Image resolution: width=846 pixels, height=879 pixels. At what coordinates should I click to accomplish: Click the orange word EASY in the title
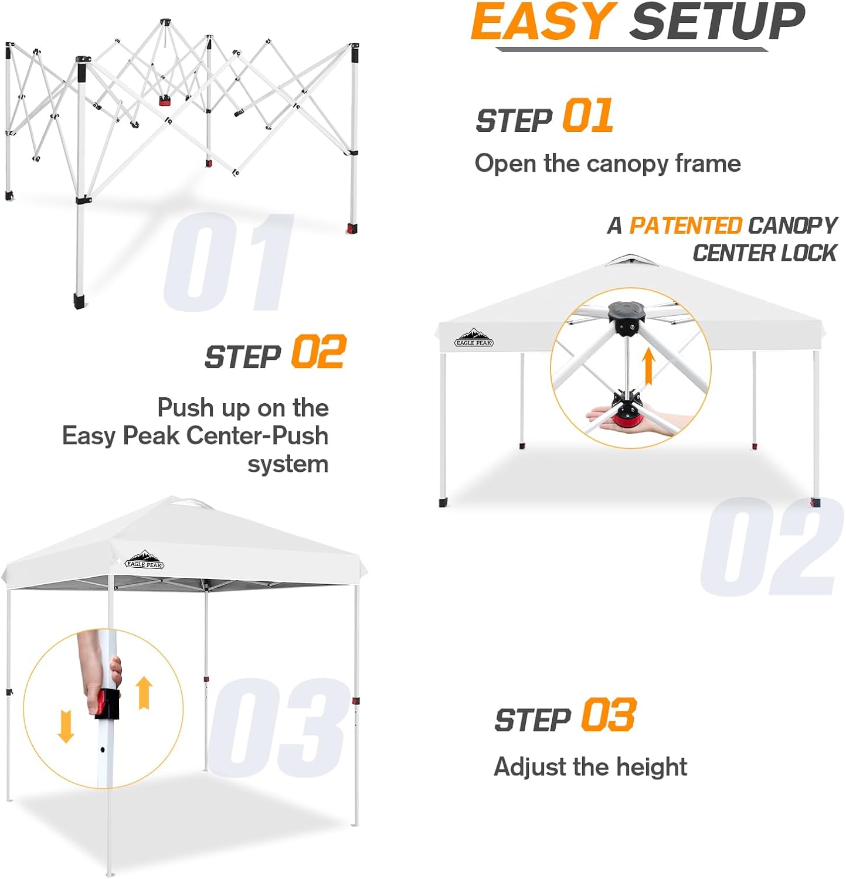[543, 22]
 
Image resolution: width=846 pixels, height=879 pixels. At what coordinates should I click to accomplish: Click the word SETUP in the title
[716, 22]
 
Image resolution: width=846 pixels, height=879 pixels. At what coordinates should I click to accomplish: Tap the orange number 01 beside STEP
[587, 115]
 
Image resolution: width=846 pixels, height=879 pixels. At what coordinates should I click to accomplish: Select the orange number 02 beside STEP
[319, 352]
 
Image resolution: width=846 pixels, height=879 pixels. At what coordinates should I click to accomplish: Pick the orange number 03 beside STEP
[608, 715]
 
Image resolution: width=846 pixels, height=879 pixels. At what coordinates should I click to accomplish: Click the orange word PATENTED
[685, 226]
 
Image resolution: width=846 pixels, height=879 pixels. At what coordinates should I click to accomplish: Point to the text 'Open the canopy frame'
[607, 163]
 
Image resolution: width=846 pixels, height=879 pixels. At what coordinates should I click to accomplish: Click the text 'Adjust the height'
[590, 766]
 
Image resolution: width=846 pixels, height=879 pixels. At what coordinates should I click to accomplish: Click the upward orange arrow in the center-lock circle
[648, 366]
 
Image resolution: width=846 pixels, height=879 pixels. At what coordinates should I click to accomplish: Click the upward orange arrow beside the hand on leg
[144, 693]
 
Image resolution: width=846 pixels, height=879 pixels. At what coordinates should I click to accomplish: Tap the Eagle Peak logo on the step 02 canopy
[474, 338]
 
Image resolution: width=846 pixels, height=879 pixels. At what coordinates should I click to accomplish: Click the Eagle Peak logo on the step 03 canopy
[144, 560]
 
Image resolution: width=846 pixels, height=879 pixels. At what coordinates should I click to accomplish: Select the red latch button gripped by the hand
[106, 703]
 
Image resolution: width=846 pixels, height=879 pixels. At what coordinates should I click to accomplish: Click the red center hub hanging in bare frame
[165, 101]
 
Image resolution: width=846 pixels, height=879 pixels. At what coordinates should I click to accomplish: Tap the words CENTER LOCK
[764, 253]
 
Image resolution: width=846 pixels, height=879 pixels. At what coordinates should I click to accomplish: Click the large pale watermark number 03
[276, 727]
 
